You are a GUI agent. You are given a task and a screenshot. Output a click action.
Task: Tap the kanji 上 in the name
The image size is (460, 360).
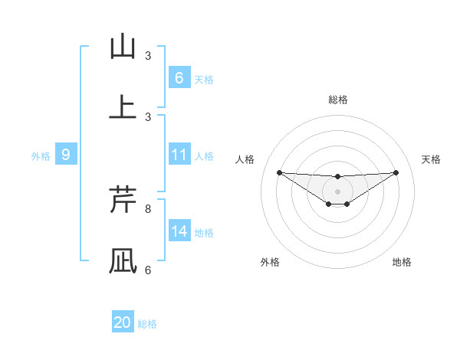coord(123,107)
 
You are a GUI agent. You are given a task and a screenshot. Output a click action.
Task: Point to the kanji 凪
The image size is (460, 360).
coord(123,260)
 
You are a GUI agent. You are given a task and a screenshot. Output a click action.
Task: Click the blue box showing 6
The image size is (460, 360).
coord(179,78)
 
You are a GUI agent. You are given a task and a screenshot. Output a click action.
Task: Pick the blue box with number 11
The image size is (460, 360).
coord(179,155)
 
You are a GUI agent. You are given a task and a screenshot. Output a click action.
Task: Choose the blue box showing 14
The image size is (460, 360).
coord(179,231)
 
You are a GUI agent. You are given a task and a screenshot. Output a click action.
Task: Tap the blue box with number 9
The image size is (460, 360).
coord(66,155)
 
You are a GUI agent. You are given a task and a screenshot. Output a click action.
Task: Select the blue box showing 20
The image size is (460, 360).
coord(123,322)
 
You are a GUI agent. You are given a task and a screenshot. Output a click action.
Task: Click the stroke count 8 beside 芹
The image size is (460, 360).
coord(148,208)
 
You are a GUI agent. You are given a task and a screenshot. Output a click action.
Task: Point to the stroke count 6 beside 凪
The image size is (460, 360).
coord(148,270)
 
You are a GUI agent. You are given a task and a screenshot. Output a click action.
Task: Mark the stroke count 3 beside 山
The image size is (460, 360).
coord(148,55)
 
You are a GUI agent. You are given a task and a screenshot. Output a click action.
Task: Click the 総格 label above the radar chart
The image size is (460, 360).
coord(338,100)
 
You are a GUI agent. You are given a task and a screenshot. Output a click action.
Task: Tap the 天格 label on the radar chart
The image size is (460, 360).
coord(432,159)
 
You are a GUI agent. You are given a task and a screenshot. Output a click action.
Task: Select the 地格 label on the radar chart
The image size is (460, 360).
coord(402,262)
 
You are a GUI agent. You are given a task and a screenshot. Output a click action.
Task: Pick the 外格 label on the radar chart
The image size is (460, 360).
coord(270,262)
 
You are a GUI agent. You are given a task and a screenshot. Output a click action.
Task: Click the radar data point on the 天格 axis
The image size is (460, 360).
coord(396,172)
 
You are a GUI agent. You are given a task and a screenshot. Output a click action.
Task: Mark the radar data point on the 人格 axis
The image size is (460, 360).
coord(279,172)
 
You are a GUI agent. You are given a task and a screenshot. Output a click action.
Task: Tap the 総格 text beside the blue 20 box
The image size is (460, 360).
coord(147,324)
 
